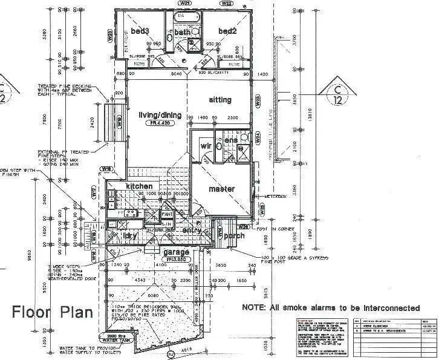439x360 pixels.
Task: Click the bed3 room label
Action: [140, 31]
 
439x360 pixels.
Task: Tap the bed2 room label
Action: [227, 31]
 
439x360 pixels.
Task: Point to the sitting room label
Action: [220, 100]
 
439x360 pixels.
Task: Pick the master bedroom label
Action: [221, 189]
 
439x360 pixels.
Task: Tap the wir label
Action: [205, 146]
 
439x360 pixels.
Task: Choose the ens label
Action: [230, 141]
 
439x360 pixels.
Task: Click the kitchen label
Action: [139, 186]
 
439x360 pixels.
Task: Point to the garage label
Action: [176, 252]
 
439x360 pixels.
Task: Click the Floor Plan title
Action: [53, 312]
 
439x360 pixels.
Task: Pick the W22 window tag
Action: [227, 3]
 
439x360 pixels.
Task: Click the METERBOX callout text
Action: [265, 197]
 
